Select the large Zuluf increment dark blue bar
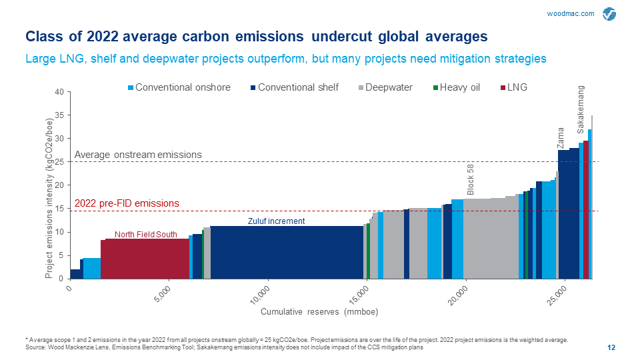point(287,253)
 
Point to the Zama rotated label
point(561,137)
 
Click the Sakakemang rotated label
point(581,107)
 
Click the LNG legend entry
point(513,87)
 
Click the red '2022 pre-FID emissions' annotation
point(127,203)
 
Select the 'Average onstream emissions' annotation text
point(138,155)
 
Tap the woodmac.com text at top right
point(571,14)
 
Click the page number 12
point(611,347)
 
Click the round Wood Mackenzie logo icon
point(609,15)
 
